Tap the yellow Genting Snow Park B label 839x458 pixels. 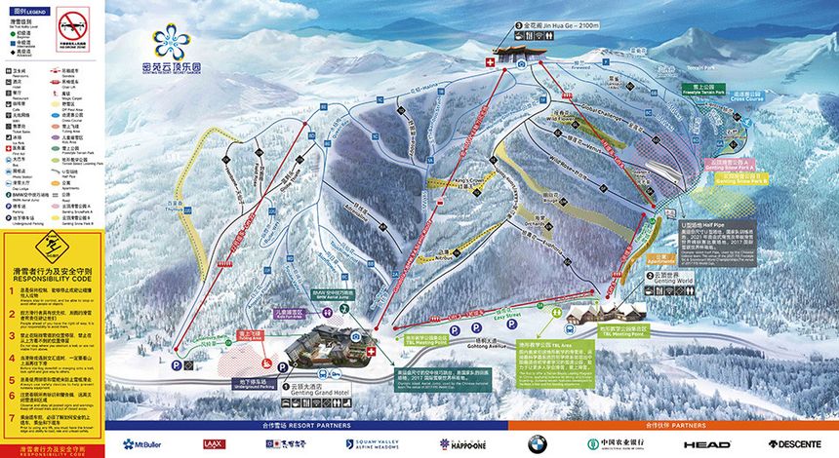tap(740, 179)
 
